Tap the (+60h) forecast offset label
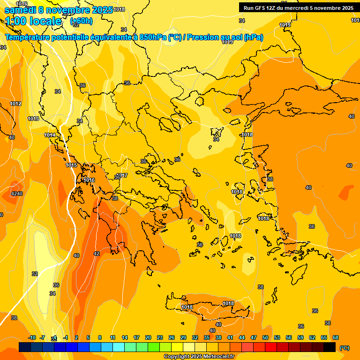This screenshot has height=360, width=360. (x=81, y=21)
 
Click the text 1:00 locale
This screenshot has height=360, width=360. (x=33, y=21)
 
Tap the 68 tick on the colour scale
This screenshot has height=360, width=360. (x=336, y=337)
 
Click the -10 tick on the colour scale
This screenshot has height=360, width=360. (x=32, y=337)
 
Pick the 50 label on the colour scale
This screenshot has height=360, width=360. (x=265, y=337)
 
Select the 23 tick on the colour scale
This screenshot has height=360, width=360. (x=160, y=337)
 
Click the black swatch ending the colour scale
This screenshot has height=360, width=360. (x=330, y=347)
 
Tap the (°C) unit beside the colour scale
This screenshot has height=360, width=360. (x=344, y=347)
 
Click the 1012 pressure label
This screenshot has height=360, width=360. (x=16, y=104)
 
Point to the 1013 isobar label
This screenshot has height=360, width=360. (x=33, y=119)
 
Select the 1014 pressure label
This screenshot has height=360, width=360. (x=50, y=135)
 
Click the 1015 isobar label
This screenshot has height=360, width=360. (x=71, y=165)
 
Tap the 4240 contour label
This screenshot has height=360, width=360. (x=17, y=194)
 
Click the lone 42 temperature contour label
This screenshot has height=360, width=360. (x=97, y=254)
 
